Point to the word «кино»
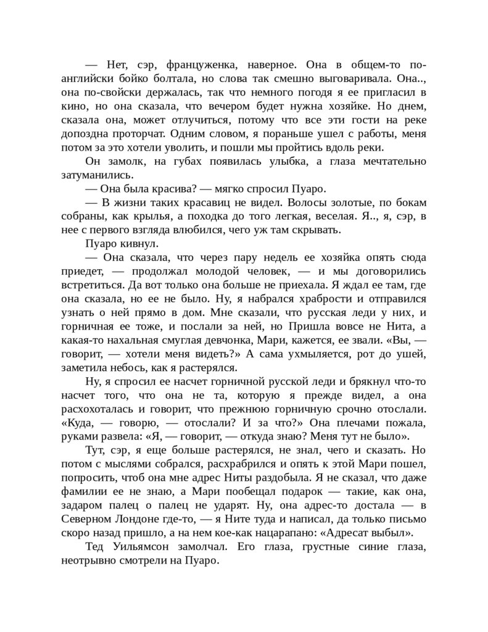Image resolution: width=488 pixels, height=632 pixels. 73,106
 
